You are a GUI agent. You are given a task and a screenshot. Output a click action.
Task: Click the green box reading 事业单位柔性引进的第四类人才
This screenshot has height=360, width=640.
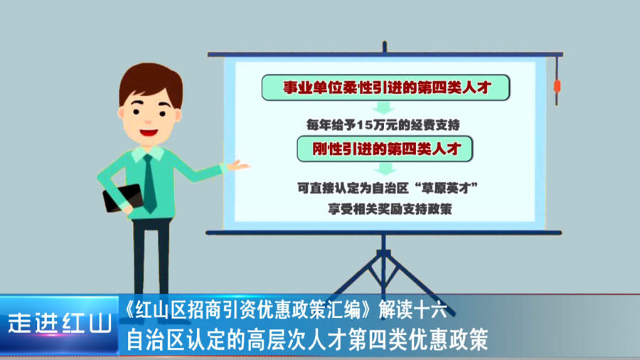coord(385,88)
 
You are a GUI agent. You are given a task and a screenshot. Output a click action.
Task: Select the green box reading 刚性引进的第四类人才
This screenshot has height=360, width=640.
coord(385,149)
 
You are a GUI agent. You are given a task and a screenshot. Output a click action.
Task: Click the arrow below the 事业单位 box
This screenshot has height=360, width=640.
coord(383,107)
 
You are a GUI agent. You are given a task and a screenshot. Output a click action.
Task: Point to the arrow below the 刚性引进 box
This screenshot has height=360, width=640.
coord(385,169)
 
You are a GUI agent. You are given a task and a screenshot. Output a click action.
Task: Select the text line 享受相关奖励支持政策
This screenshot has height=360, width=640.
coord(390,209)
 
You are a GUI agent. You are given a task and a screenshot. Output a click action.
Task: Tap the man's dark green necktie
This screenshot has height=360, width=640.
coord(149,183)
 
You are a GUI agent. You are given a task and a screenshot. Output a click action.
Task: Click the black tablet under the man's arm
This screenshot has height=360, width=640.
coord(122,198)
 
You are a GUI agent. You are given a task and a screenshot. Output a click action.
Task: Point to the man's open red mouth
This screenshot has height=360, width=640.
coord(148,132)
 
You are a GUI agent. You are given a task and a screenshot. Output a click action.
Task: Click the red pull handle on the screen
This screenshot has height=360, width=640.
coord(557,87)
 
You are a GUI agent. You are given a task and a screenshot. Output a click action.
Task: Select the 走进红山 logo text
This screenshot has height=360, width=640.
coord(60,324)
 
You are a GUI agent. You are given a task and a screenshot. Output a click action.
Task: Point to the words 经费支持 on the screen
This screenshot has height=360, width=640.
coord(435,125)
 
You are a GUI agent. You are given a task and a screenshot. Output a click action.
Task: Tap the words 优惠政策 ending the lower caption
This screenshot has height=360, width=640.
coord(449,339)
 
